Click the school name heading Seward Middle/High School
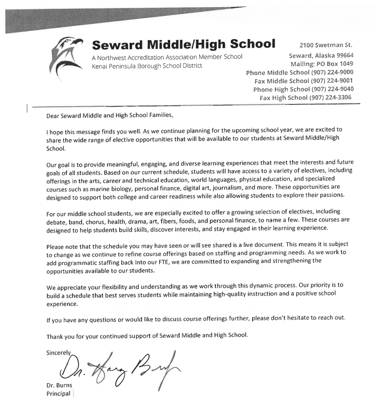[183, 44]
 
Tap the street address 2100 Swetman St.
[325, 46]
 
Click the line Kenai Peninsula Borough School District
[147, 65]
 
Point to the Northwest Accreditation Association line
[167, 57]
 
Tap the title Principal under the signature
[58, 394]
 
